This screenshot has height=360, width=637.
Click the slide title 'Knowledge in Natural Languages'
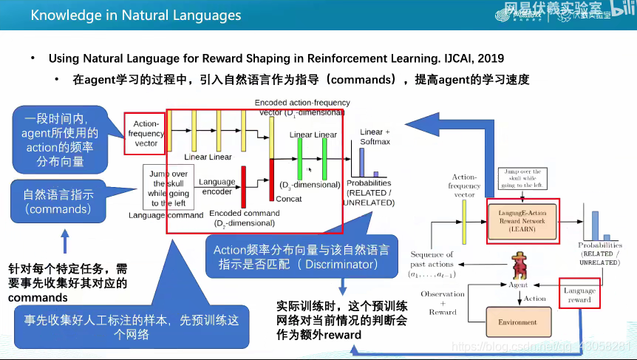coord(136,14)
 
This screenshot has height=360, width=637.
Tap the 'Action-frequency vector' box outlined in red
coord(146,133)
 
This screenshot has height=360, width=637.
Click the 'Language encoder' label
coord(217,186)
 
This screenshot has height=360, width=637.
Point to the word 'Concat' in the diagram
coord(288,199)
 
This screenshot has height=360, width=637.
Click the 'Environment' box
coord(517,322)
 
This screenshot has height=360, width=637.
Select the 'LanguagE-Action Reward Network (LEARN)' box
coord(522,220)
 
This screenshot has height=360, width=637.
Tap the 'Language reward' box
coord(579,294)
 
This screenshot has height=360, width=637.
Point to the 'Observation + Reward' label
coord(443,303)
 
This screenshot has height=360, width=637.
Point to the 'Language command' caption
coord(166,216)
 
